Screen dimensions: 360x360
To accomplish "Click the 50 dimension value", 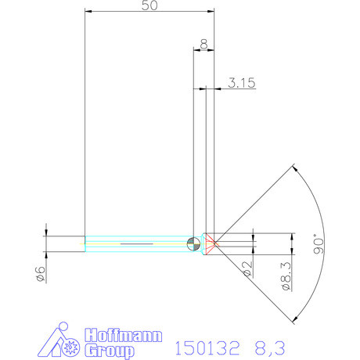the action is (149, 5).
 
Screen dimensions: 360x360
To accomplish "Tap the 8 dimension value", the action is (203, 44).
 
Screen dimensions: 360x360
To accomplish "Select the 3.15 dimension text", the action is (242, 83).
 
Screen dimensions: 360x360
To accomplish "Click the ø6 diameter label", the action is (41, 274).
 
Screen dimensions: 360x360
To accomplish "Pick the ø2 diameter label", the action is (248, 269).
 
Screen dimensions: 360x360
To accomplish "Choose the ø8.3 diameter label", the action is (286, 276).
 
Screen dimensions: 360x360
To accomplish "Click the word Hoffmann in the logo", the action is (123, 335).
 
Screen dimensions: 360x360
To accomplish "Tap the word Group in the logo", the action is (110, 351).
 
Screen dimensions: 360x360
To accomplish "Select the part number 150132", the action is (207, 348).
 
